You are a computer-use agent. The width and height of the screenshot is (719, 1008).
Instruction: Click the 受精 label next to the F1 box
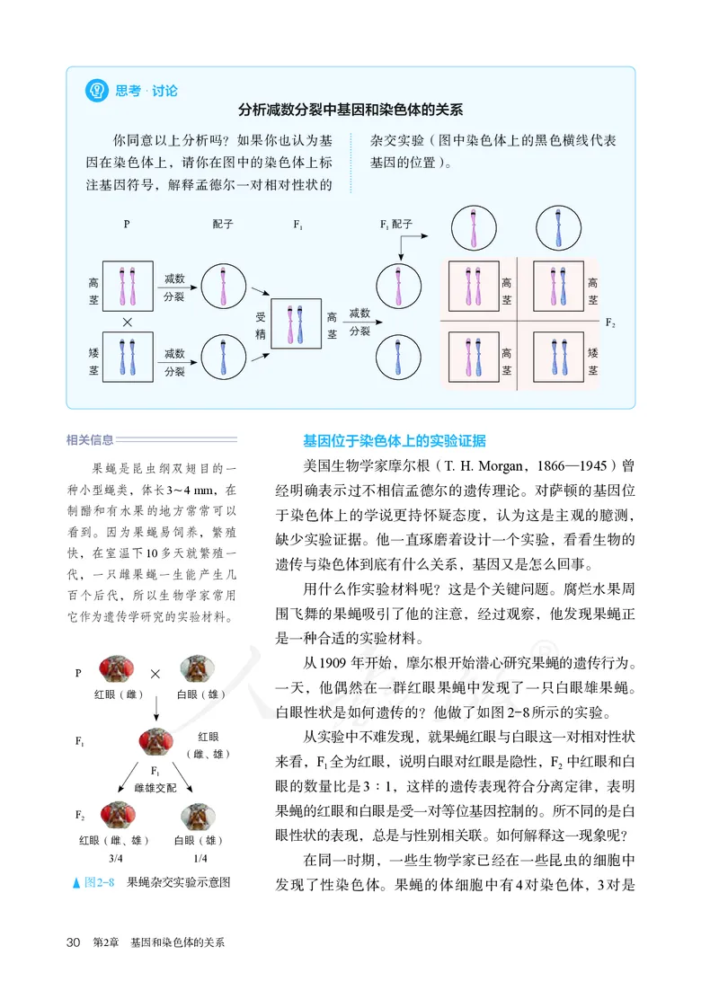261,324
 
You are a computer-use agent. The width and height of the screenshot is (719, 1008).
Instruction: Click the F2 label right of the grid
611,322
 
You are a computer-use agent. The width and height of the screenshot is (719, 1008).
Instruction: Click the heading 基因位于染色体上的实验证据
394,441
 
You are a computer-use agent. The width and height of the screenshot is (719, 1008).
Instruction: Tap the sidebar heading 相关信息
90,440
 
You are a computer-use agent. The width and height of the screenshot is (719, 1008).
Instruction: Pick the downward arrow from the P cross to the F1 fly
156,711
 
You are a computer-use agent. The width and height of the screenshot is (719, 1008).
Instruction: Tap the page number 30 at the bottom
75,942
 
